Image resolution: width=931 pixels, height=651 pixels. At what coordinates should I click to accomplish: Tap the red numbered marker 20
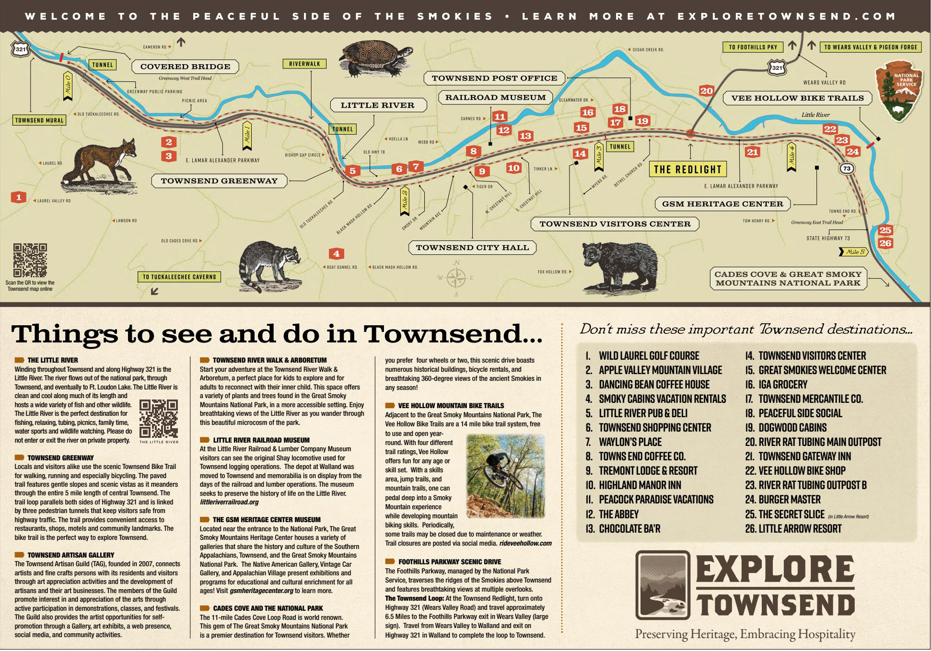coord(706,91)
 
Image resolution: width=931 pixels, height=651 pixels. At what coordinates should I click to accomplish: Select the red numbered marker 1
coord(19,197)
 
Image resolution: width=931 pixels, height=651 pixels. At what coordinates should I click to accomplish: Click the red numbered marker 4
coord(336,254)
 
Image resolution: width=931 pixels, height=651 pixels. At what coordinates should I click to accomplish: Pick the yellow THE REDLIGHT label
coord(687,169)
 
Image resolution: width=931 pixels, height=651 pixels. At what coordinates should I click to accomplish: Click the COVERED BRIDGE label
coord(185,67)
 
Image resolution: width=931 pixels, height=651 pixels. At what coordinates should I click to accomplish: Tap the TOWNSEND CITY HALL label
coord(472,248)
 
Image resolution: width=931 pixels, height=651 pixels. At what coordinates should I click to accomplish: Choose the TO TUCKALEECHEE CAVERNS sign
coord(179,277)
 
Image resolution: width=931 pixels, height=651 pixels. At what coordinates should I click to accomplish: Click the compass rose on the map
coord(456,278)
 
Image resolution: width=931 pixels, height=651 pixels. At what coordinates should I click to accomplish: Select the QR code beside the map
coord(30,260)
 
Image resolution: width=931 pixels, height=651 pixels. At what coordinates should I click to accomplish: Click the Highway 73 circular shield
coord(847,168)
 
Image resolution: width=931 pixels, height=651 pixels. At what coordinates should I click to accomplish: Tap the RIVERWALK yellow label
coord(304,64)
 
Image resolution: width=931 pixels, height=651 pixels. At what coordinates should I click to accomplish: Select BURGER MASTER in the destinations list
coord(789,500)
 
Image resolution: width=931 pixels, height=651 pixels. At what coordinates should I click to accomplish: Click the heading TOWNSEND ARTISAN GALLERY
coord(70,555)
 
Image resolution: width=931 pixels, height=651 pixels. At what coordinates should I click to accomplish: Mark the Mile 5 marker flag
coord(855,252)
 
